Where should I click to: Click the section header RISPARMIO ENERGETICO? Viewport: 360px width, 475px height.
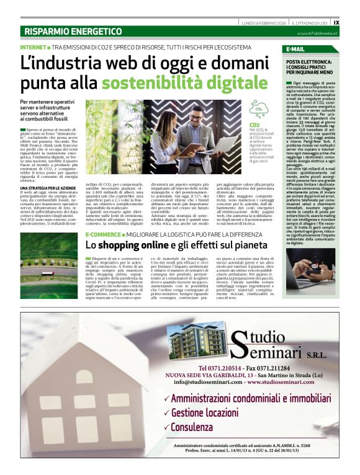tap(73, 31)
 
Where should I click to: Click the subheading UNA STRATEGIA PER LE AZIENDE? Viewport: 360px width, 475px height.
tap(48, 188)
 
